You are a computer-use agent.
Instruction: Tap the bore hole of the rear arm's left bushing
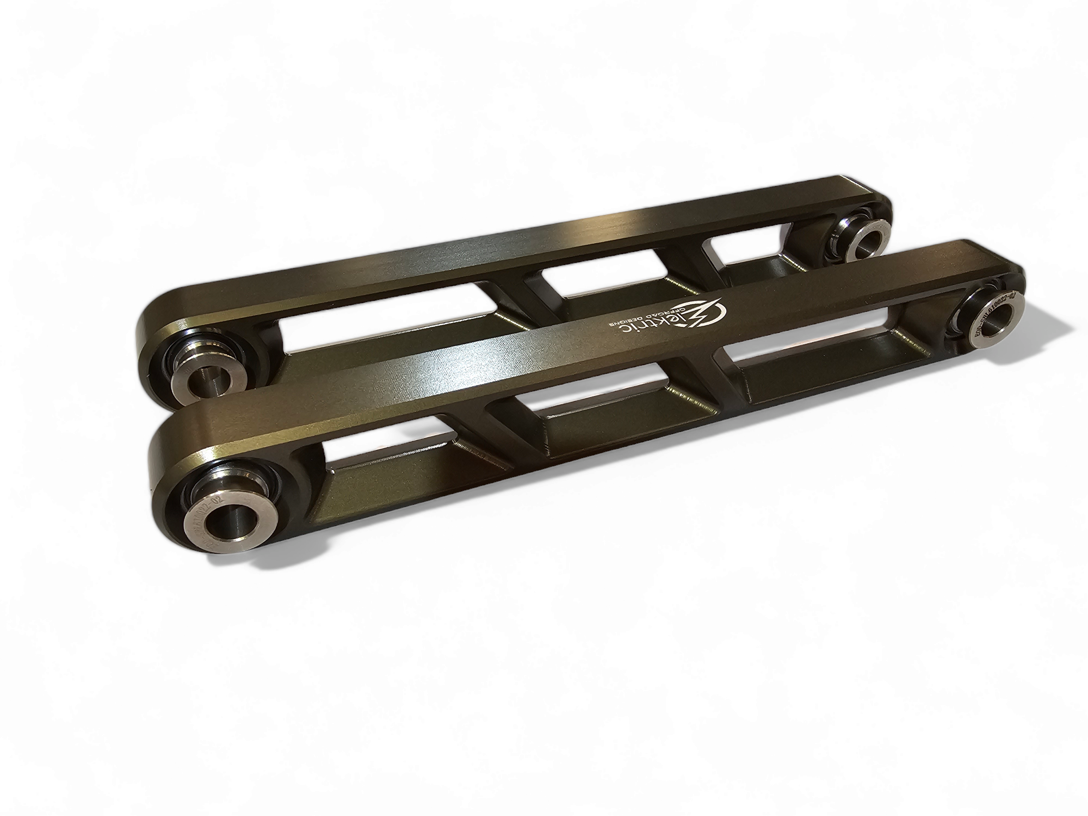click(204, 380)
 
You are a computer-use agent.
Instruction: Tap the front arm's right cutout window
click(827, 354)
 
